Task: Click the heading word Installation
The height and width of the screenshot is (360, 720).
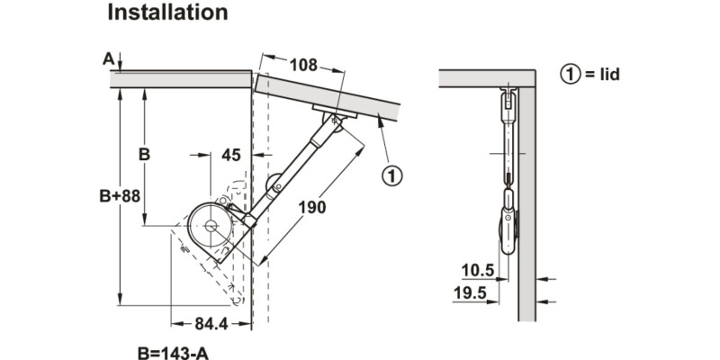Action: (167, 13)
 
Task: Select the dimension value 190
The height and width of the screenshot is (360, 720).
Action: (312, 208)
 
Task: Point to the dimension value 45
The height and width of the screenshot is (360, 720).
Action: (231, 155)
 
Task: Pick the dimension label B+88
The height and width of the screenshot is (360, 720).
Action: (120, 196)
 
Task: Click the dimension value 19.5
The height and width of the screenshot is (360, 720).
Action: (470, 292)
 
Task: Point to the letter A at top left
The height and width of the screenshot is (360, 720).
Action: (108, 59)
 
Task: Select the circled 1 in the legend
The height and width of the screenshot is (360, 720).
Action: (570, 75)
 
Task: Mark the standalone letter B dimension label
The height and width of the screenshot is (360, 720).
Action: (143, 154)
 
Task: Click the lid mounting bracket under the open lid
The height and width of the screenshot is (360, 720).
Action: (333, 112)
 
